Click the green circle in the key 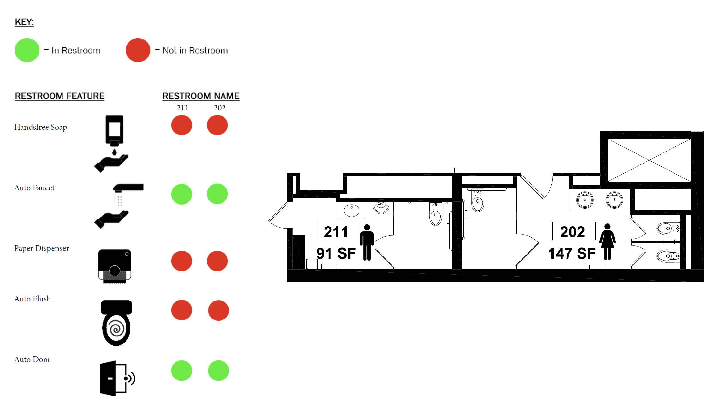pos(27,50)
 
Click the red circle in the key pos(138,50)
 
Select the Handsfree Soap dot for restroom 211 pos(182,125)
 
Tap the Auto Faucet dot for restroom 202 pos(217,194)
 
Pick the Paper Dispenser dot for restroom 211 pos(182,261)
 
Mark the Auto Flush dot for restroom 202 pos(218,310)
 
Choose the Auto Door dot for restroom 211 pos(182,371)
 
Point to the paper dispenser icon pos(115,266)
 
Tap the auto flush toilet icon pos(116,323)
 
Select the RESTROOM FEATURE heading pos(60,96)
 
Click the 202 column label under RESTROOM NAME pos(219,108)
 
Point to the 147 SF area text pos(572,253)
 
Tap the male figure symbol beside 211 pos(367,242)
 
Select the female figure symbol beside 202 pos(607,242)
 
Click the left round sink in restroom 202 pos(585,200)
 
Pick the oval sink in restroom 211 pos(352,211)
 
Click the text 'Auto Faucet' pos(34,188)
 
